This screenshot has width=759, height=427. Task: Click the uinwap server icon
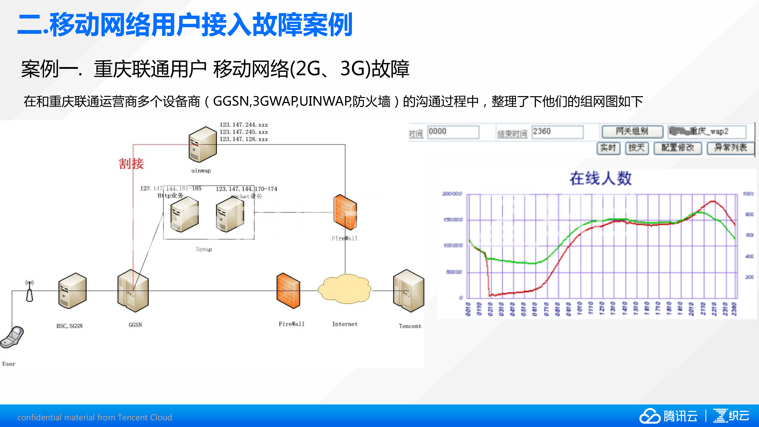[203, 144]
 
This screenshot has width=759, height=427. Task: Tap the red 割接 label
[131, 164]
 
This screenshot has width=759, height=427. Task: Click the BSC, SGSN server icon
[72, 291]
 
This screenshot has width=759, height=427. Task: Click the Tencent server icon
[409, 291]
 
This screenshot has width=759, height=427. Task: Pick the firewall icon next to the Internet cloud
[288, 291]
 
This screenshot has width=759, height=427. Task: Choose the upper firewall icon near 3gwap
[345, 212]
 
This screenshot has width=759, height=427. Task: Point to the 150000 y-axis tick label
[453, 220]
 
